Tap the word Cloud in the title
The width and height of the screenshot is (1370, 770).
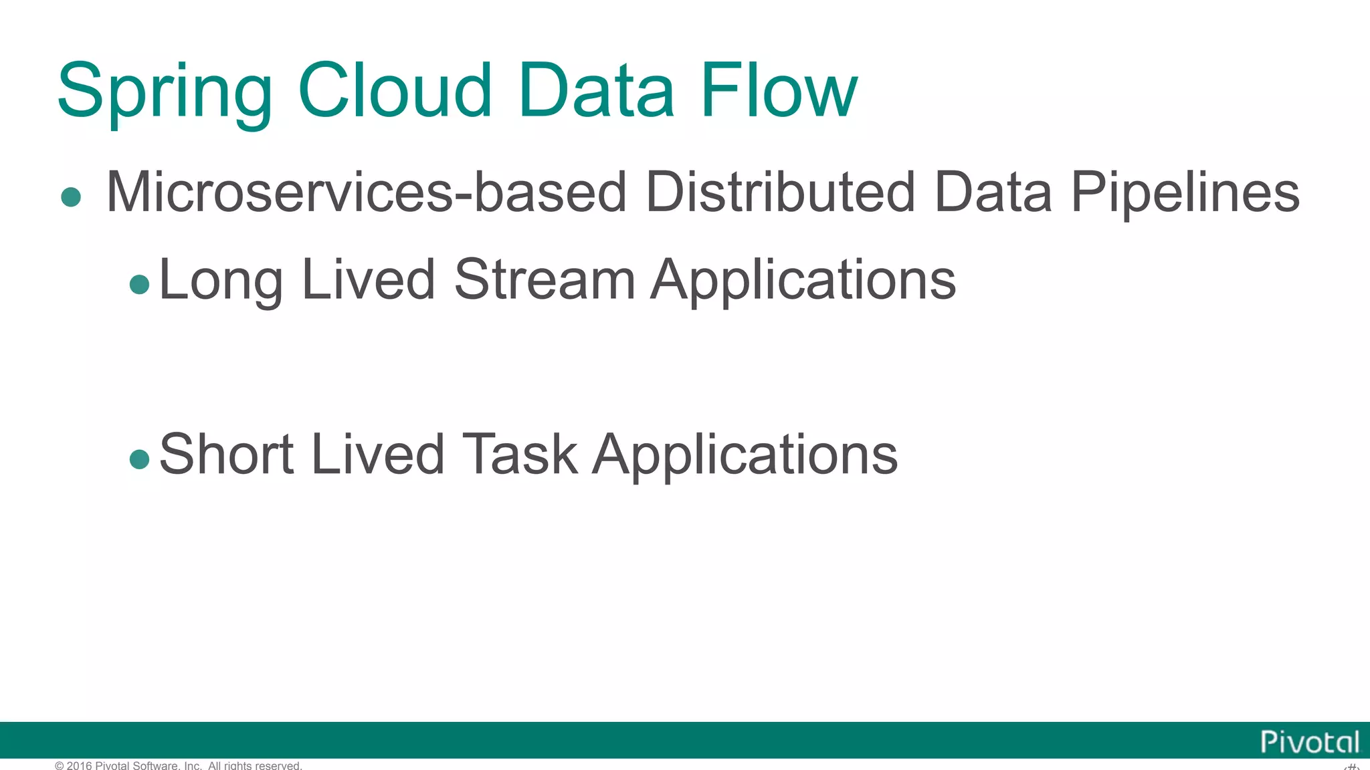[x=395, y=90]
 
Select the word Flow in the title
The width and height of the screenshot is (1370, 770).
[x=779, y=90]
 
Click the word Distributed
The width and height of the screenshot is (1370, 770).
[x=780, y=192]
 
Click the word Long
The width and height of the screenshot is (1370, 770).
[x=221, y=281]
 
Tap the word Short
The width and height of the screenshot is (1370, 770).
[x=227, y=455]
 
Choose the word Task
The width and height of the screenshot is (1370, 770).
[x=520, y=455]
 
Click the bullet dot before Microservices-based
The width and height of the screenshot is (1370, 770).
[x=71, y=197]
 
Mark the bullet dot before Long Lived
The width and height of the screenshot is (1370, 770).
[x=139, y=285]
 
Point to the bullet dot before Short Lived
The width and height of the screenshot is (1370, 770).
[x=139, y=459]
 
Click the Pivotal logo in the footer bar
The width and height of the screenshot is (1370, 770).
[x=1310, y=742]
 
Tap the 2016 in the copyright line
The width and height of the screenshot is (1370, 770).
[x=80, y=765]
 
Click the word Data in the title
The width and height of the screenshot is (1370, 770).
[x=596, y=90]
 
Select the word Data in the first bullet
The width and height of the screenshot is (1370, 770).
[x=993, y=192]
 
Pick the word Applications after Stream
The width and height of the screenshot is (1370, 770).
[x=803, y=281]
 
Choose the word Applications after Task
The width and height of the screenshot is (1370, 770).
[x=745, y=455]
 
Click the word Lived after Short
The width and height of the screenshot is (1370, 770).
[x=378, y=455]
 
